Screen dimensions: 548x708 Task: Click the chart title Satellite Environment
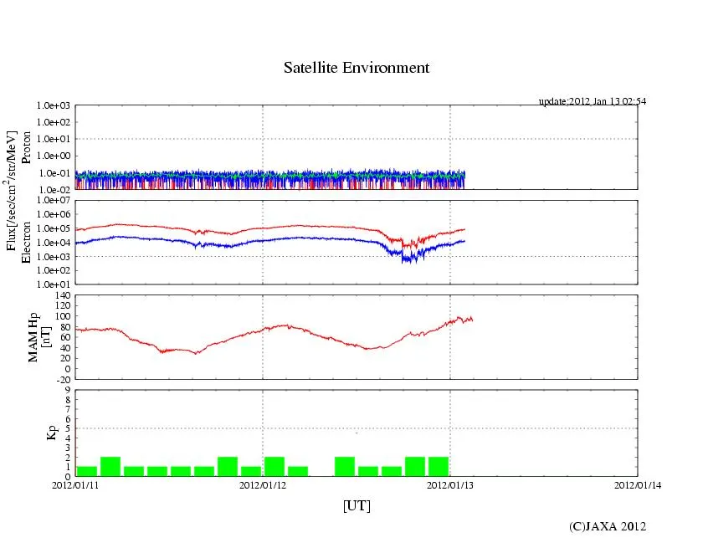click(x=357, y=68)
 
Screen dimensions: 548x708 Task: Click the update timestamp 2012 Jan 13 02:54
click(x=593, y=101)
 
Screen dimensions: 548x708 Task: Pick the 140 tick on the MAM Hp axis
click(x=61, y=295)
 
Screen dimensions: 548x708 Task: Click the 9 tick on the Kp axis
click(x=67, y=390)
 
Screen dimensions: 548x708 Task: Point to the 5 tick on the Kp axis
click(x=67, y=428)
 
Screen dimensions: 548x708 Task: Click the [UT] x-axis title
click(x=357, y=505)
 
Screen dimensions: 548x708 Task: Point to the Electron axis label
click(x=26, y=243)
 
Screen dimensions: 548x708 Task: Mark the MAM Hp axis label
click(x=35, y=331)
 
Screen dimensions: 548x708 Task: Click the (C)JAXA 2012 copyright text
click(x=608, y=526)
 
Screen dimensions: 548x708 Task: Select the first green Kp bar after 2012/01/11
click(x=86, y=471)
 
